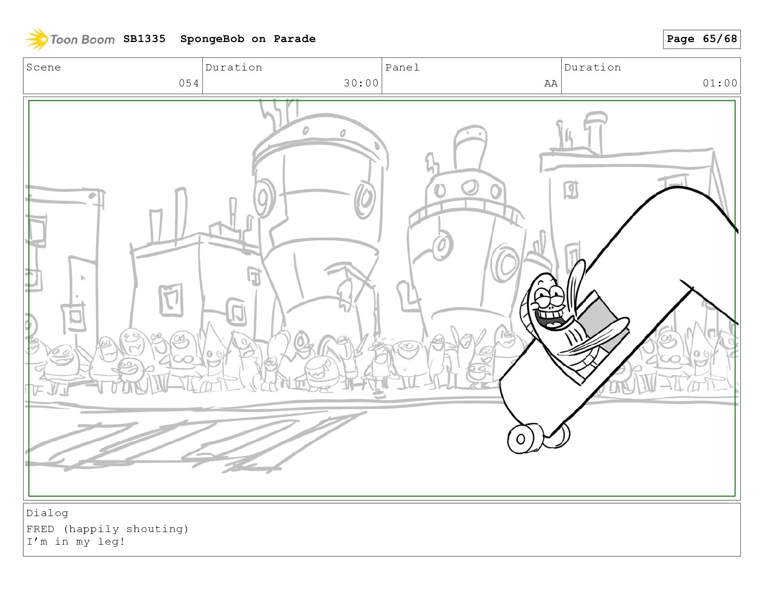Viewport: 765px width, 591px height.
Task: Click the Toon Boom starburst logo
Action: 36,39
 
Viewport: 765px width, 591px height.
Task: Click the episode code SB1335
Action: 144,39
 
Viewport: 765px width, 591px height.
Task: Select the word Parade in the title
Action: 295,39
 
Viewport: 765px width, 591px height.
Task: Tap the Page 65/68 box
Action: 702,39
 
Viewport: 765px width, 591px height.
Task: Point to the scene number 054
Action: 189,83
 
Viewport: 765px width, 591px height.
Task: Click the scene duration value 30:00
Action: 361,83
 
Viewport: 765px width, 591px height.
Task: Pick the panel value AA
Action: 551,84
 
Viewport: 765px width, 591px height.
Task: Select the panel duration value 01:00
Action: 720,83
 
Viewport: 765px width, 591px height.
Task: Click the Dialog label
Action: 47,514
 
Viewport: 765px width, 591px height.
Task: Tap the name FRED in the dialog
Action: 41,529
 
